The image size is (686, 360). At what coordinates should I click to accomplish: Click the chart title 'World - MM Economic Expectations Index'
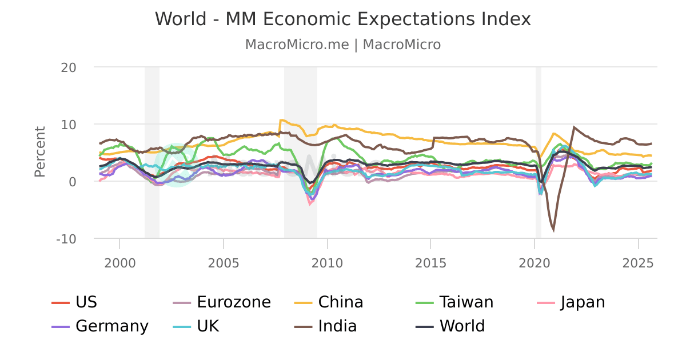pos(343,19)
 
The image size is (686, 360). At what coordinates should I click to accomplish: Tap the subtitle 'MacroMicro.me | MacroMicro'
pos(343,45)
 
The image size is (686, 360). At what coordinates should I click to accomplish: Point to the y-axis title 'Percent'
pos(39,152)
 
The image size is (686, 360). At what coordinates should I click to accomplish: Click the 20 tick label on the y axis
pos(69,67)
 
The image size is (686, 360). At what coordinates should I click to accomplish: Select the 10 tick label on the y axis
pos(69,124)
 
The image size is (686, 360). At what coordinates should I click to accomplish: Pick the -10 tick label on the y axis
pos(66,238)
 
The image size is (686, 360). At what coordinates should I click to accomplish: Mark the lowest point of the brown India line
pos(553,230)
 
